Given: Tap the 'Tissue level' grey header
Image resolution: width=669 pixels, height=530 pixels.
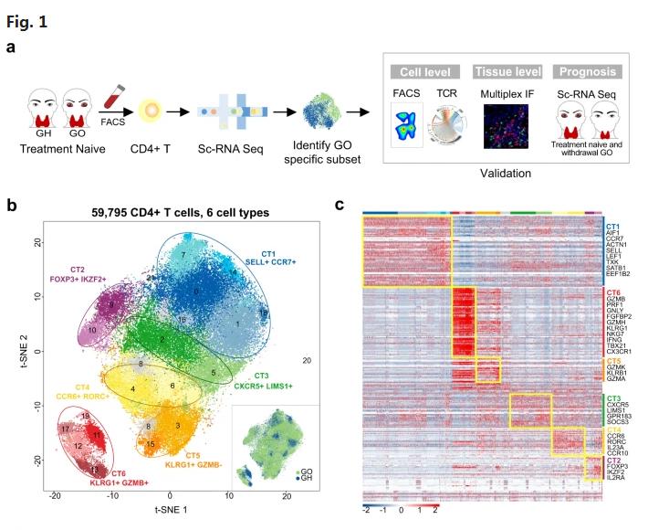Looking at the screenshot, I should tap(507, 71).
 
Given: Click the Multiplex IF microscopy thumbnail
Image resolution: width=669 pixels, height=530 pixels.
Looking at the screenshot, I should tap(506, 125).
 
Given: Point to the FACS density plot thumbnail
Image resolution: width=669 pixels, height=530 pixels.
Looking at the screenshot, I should tap(405, 126).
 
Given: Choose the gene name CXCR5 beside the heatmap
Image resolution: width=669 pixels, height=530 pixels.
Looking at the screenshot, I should tap(616, 404).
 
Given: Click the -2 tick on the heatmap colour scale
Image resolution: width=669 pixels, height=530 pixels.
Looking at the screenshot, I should tap(367, 511).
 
